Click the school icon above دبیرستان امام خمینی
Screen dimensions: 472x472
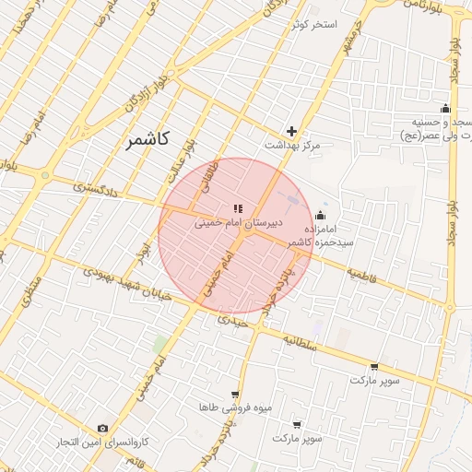pos(238,209)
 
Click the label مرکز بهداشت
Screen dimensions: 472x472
pos(291,146)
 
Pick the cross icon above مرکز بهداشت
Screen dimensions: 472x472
pos(292,132)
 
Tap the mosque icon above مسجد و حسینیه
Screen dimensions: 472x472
pos(445,108)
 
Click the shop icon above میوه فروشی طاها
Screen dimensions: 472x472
pos(234,394)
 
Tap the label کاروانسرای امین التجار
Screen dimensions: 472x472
pos(101,443)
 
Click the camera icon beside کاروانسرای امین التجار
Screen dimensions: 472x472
pos(102,429)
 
